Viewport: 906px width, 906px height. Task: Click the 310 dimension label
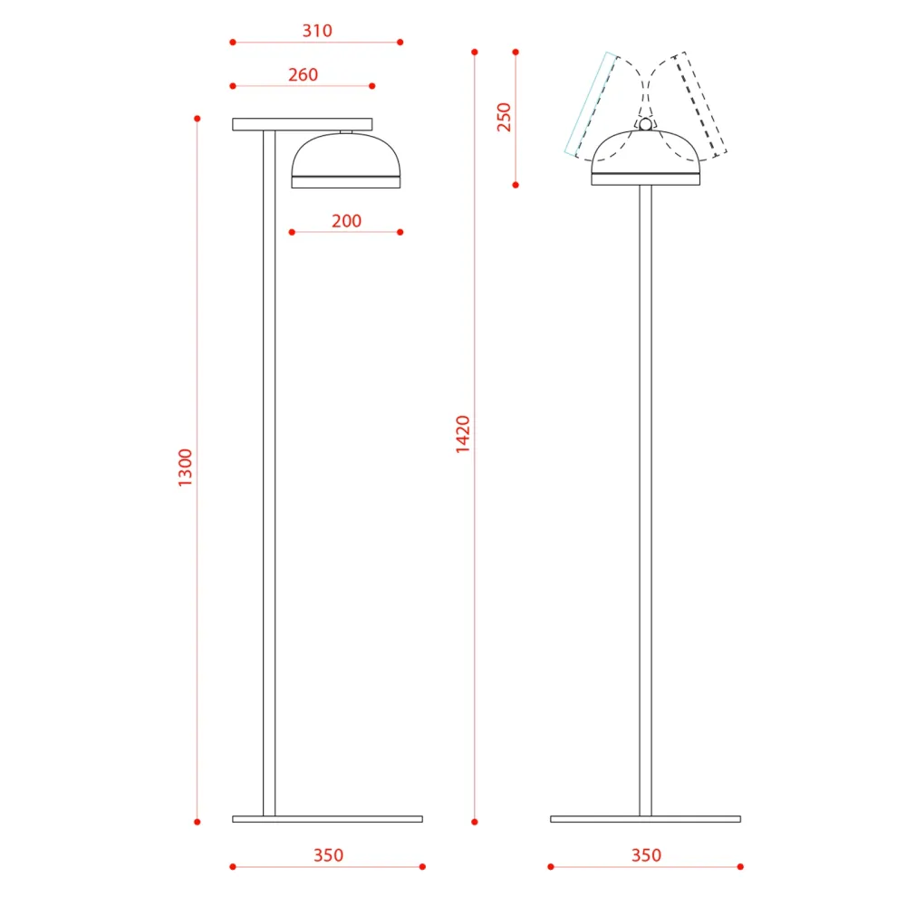(x=317, y=31)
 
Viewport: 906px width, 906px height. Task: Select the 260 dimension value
(x=304, y=74)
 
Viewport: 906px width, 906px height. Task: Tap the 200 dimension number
(x=347, y=221)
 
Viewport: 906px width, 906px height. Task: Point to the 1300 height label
(x=185, y=467)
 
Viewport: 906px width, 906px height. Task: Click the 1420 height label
(x=463, y=434)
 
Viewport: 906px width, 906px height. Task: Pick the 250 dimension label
(x=504, y=117)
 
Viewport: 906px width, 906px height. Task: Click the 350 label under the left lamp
(x=328, y=855)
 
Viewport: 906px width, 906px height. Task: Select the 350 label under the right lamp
(x=646, y=855)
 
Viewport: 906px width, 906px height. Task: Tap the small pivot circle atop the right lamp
(x=645, y=124)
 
